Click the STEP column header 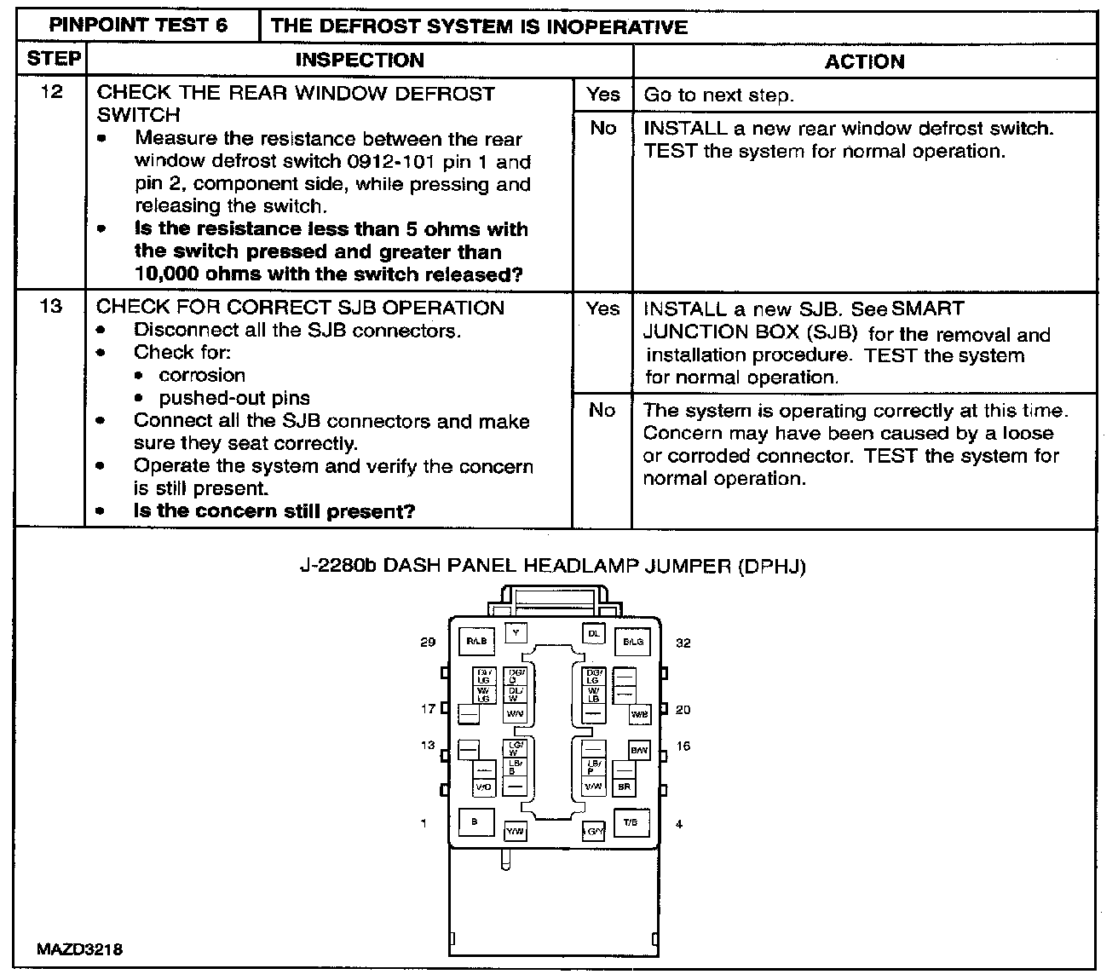(x=53, y=59)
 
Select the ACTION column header (x=864, y=61)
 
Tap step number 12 (x=51, y=92)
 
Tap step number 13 (x=51, y=307)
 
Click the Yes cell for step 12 (x=602, y=95)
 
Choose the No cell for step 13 (x=602, y=410)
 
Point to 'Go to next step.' (x=718, y=95)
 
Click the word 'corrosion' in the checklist (x=202, y=375)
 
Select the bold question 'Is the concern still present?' (x=274, y=511)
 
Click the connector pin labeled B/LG (x=632, y=641)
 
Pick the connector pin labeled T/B (x=631, y=822)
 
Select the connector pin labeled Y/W (x=516, y=831)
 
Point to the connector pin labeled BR (x=624, y=787)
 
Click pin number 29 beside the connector (x=428, y=642)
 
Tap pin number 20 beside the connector (x=683, y=710)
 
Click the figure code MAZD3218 (x=79, y=949)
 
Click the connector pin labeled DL (x=594, y=633)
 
